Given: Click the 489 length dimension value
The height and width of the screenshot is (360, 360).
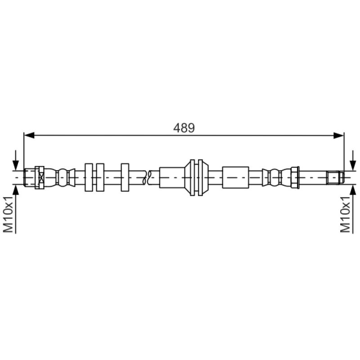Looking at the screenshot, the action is (x=184, y=128).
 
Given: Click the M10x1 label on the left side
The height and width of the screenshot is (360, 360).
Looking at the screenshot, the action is (x=8, y=214).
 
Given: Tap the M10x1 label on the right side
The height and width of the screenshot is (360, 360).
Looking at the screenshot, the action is (x=345, y=214).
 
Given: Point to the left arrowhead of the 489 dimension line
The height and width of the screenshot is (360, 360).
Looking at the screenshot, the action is (x=29, y=135).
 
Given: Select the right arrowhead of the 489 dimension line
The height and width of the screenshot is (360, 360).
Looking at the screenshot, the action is (x=339, y=135).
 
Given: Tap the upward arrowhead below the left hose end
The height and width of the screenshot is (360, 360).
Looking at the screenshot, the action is (x=16, y=189).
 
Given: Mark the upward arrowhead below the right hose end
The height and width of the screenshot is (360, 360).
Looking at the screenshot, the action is (x=353, y=189).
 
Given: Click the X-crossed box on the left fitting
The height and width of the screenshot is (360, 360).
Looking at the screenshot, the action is (x=41, y=177).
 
